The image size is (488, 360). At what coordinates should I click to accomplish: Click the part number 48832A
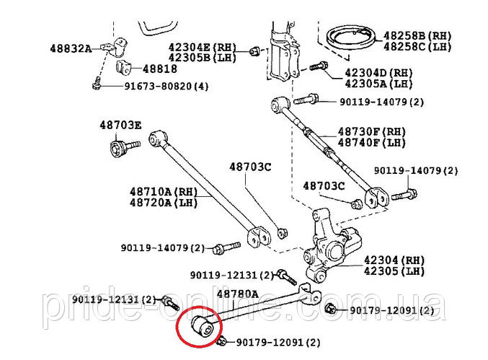(x=71, y=48)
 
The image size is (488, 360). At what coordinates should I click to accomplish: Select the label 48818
(x=159, y=69)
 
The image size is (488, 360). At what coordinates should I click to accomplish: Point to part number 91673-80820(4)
(x=167, y=87)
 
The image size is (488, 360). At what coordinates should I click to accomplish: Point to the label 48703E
(x=120, y=125)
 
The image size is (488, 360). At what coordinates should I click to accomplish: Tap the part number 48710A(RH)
(x=162, y=192)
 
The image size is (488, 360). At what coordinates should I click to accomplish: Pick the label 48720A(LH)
(x=162, y=203)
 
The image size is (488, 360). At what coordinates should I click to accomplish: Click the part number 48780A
(x=237, y=295)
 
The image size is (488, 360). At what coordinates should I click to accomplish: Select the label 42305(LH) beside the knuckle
(x=394, y=272)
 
